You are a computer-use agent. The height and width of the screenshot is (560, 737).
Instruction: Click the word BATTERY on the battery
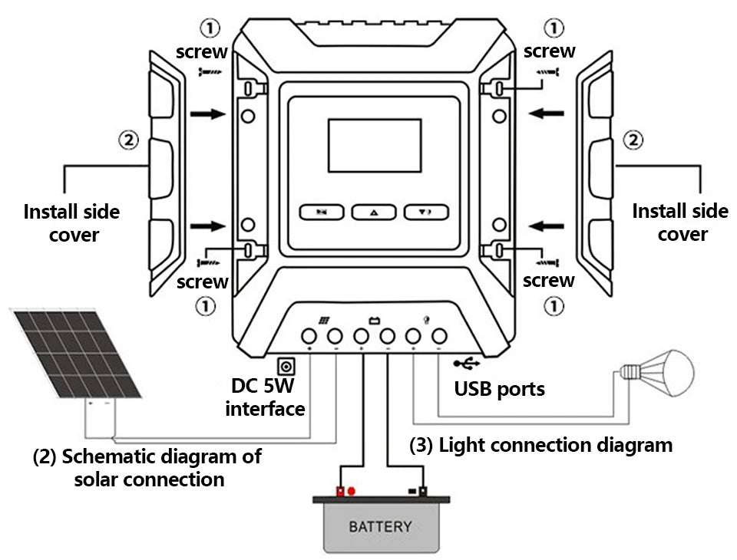point(380,527)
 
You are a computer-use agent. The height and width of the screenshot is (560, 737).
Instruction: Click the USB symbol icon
point(465,363)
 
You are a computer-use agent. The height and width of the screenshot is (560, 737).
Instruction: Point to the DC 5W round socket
point(286,366)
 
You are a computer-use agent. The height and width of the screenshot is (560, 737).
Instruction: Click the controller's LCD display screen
point(375,145)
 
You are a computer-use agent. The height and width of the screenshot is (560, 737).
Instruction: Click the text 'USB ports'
point(499,389)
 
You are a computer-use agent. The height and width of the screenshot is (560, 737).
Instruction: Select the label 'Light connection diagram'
point(540,445)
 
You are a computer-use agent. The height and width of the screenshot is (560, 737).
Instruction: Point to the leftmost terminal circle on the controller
point(309,336)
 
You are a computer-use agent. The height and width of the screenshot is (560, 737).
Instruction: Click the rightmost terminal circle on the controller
point(439,336)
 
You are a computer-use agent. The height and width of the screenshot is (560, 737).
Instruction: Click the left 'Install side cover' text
point(72,222)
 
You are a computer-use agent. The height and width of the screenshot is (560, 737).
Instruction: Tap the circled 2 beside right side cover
point(633,140)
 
